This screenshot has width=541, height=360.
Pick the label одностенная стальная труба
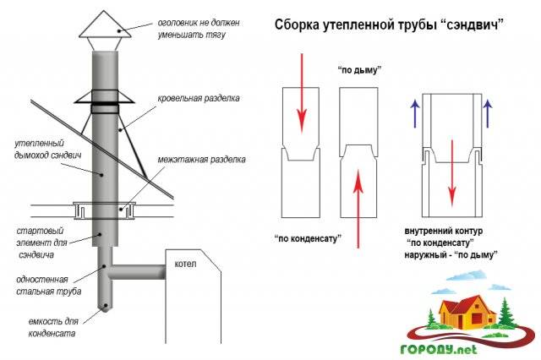pos(46,285)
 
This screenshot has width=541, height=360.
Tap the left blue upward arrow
pos(416,112)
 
